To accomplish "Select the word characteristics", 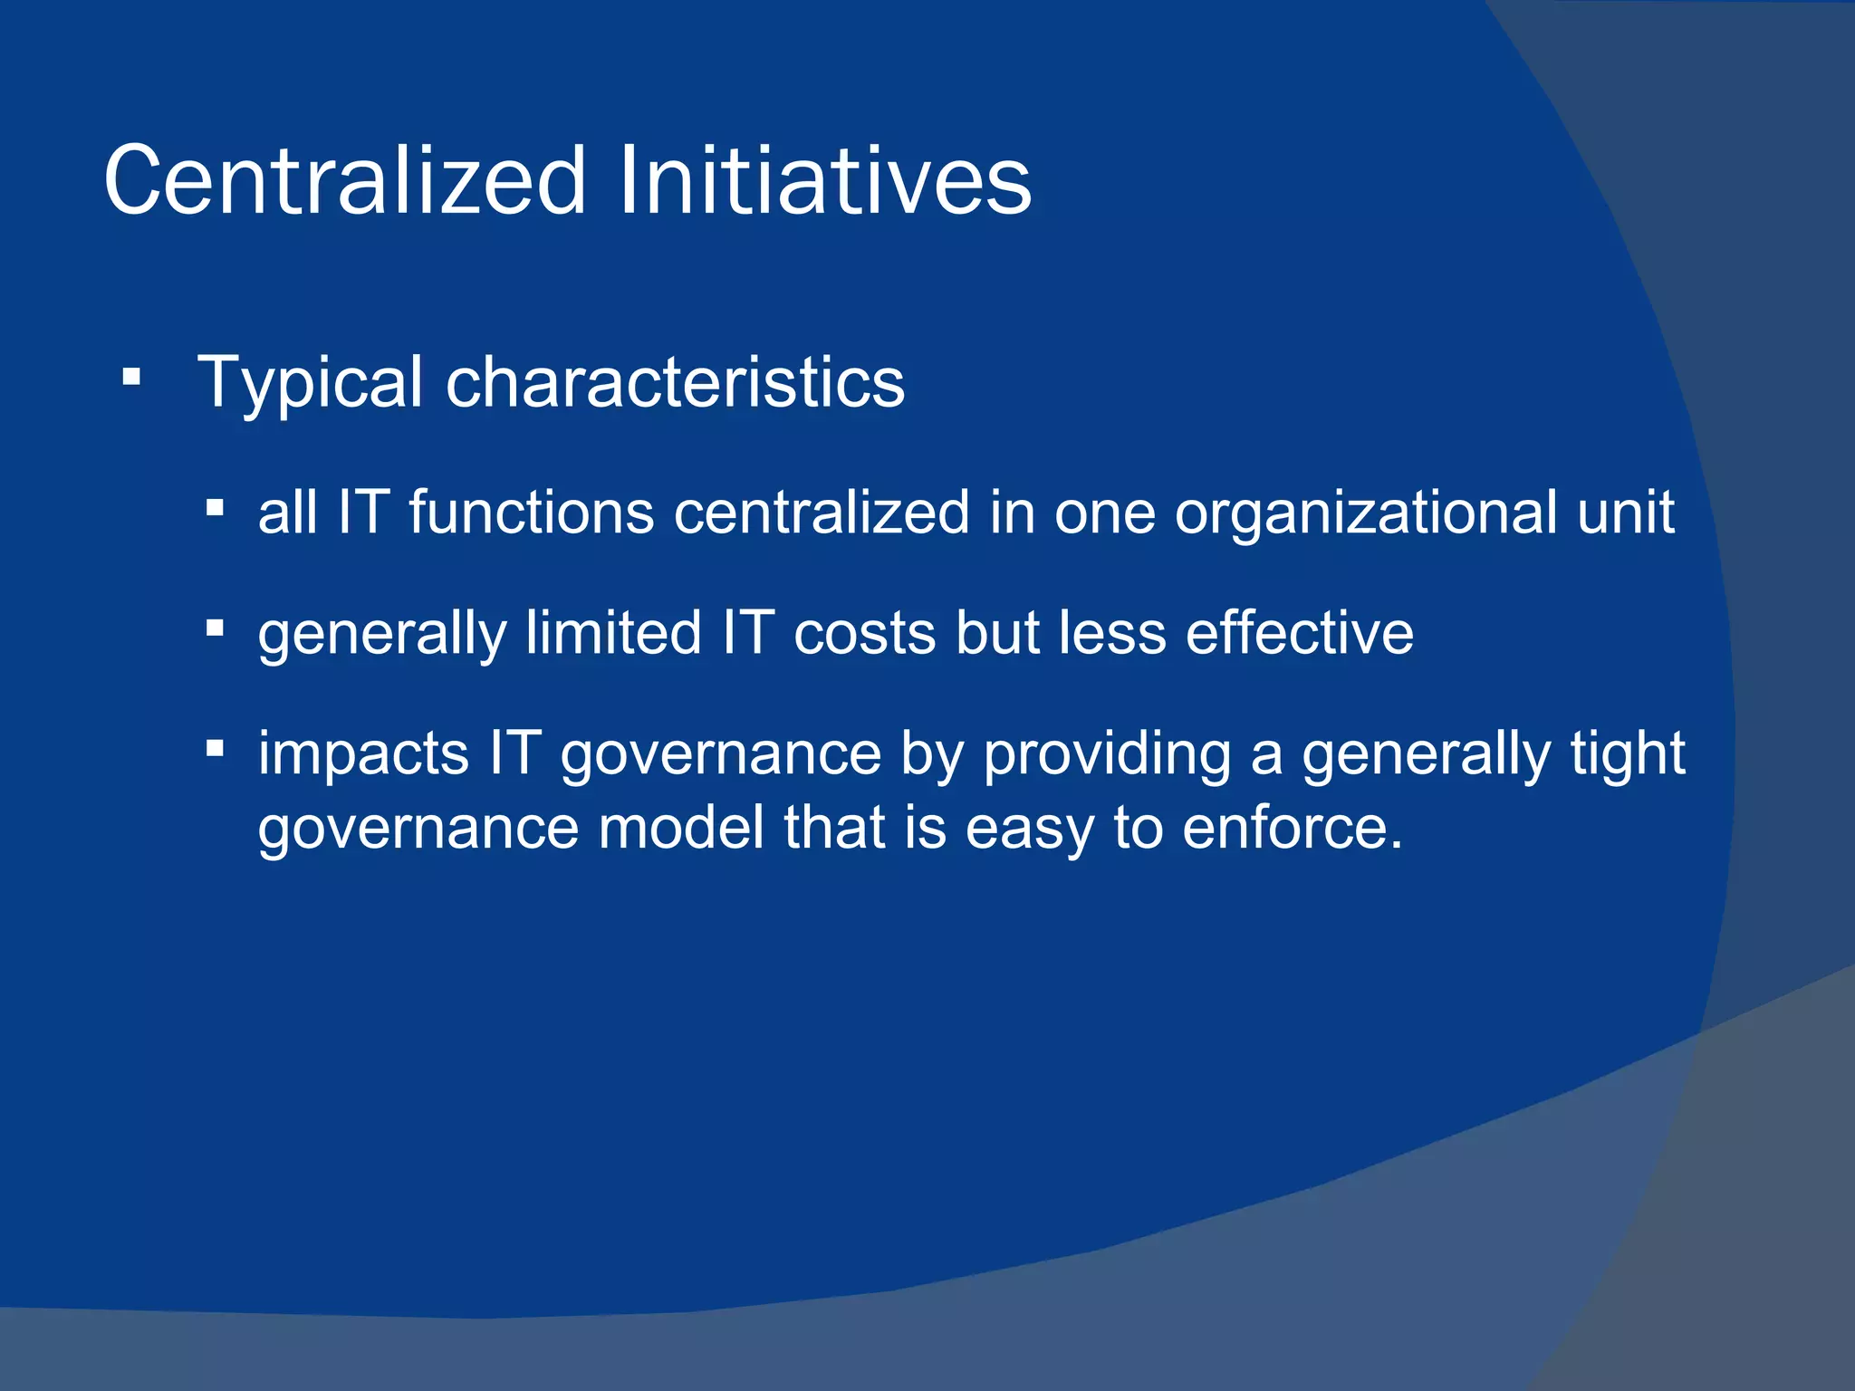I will pyautogui.click(x=675, y=382).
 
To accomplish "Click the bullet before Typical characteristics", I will pyautogui.click(x=132, y=377).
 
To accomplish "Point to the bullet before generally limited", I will pyautogui.click(x=215, y=628).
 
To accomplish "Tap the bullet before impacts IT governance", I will pyautogui.click(x=215, y=748).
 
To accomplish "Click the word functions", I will pyautogui.click(x=531, y=513).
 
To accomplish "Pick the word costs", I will pyautogui.click(x=864, y=633).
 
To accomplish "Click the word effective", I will pyautogui.click(x=1300, y=633).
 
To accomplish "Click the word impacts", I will pyautogui.click(x=363, y=754).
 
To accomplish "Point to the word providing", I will pyautogui.click(x=1107, y=754).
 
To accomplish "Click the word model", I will pyautogui.click(x=681, y=828).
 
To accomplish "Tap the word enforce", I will pyautogui.click(x=1293, y=828).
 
